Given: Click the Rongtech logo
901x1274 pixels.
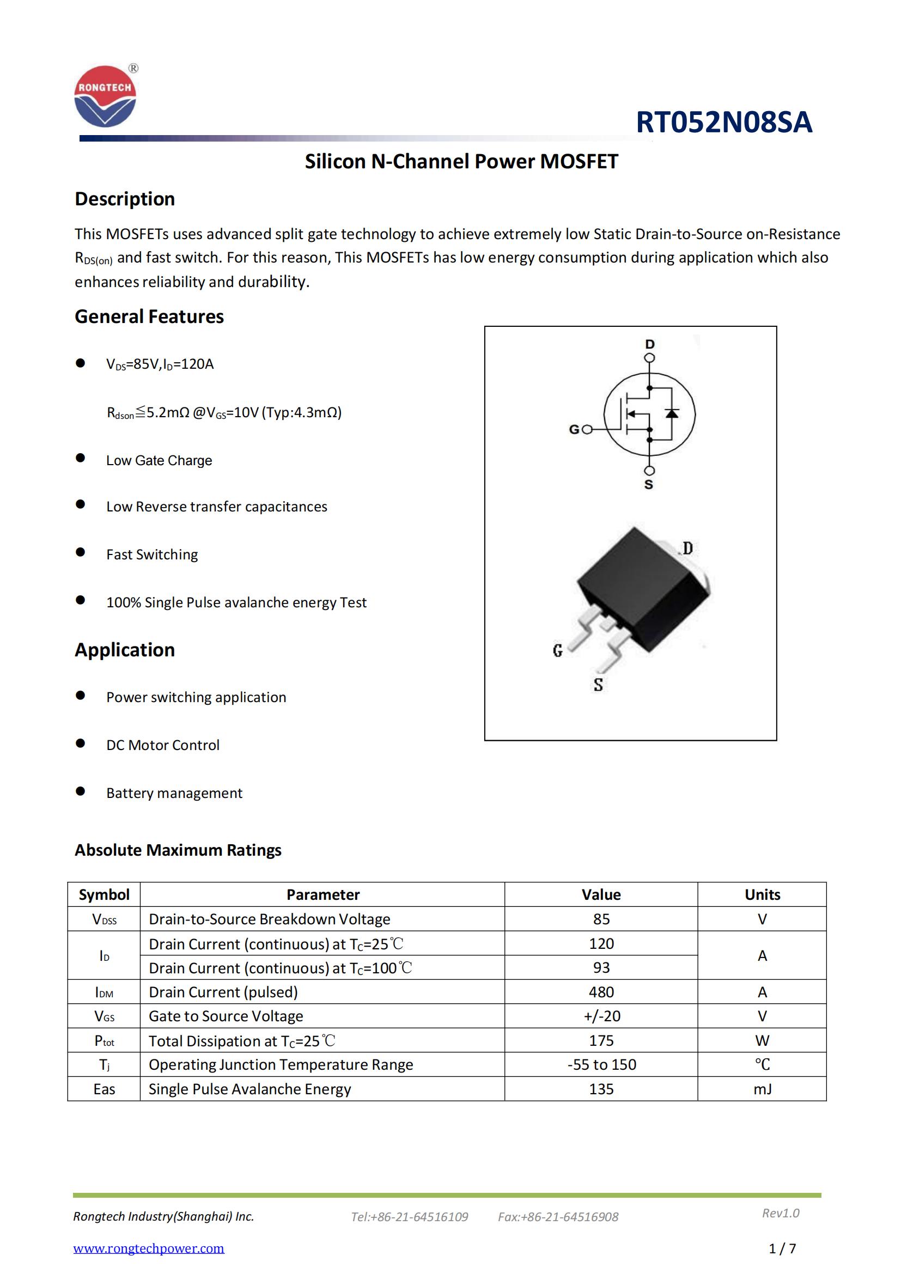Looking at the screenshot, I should [x=105, y=96].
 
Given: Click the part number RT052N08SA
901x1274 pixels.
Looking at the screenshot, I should [x=723, y=122].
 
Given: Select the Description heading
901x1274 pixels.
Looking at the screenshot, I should [x=125, y=199].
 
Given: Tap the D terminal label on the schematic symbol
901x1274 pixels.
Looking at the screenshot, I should [x=650, y=344].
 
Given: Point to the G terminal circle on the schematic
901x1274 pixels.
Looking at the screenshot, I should [x=588, y=429].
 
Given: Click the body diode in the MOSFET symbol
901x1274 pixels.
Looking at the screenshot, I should [x=672, y=413].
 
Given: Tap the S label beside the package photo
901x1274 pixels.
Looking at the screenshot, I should [x=598, y=685].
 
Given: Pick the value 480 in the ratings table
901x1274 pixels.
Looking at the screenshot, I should [x=601, y=992].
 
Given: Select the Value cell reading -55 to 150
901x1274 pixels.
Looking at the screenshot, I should [x=601, y=1065].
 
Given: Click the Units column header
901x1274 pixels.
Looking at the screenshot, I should [x=762, y=894].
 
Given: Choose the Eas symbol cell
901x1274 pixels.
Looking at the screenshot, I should [x=104, y=1089].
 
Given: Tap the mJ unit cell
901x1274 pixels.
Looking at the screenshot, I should [x=762, y=1089].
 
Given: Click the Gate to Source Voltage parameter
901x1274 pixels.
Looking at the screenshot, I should [x=226, y=1016].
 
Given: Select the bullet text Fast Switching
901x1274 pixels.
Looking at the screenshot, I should [x=152, y=554].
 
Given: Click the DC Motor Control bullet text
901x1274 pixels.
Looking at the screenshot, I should [x=162, y=745].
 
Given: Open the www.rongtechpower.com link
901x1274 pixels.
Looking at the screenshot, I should [x=149, y=1248].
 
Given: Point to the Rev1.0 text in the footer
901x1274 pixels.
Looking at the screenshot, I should [x=781, y=1213].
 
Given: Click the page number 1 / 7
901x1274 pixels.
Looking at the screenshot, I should [x=782, y=1249].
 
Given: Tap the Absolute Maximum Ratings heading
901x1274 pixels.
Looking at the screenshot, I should [x=178, y=850].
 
